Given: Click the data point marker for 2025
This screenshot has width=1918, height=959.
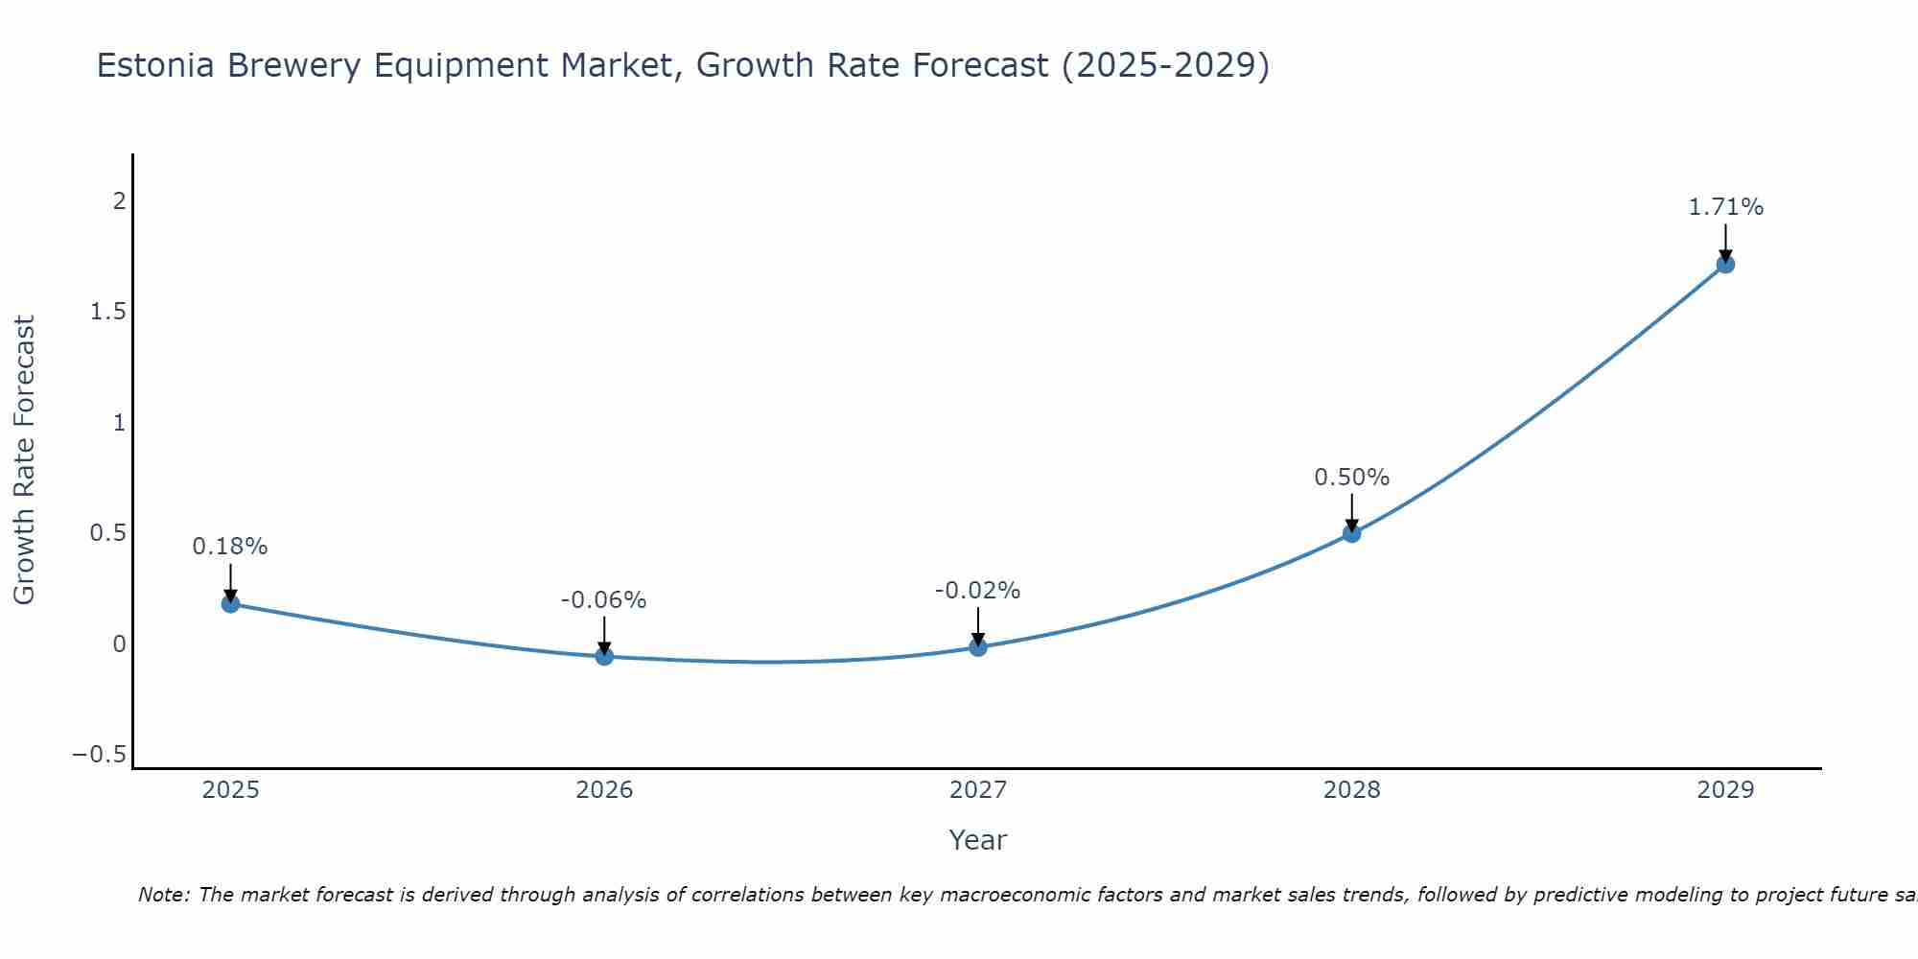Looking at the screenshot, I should tap(230, 603).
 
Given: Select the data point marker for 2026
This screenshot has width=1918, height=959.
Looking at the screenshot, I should tap(604, 656).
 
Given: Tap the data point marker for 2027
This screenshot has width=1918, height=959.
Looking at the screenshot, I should tap(978, 647).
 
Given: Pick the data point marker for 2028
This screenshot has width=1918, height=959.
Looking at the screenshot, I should tap(1351, 533).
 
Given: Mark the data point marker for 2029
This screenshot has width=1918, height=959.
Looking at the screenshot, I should tap(1725, 264).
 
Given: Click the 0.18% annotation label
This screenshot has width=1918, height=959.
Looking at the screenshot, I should tap(230, 547).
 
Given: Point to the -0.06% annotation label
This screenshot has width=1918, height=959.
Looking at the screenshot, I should tap(603, 600).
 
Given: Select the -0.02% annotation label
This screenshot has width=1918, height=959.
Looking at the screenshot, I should tap(977, 591).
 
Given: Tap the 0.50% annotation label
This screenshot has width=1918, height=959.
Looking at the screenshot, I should tap(1351, 478).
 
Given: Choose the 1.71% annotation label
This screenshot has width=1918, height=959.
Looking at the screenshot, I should tap(1725, 207).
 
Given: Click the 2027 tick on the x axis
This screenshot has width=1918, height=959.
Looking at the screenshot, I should tap(977, 790).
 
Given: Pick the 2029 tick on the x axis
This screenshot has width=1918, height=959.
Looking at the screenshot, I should tap(1725, 790).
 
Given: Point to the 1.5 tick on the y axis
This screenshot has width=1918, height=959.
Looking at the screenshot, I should tap(108, 312).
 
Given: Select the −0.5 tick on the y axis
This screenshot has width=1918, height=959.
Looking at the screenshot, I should tap(100, 755).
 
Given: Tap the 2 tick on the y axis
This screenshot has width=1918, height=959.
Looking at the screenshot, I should tap(119, 201).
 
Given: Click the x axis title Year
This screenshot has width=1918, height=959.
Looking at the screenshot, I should tap(977, 840).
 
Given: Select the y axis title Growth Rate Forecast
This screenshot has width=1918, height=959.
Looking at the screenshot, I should tap(24, 460).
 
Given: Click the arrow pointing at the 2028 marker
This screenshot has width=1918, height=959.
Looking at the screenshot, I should tap(1351, 511).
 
